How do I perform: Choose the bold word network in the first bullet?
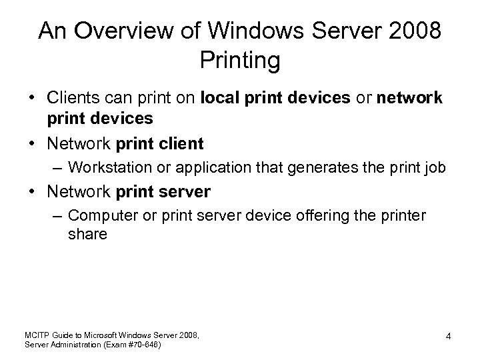[x=409, y=99]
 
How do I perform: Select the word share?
[x=87, y=235]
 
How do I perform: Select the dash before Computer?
[x=58, y=216]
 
